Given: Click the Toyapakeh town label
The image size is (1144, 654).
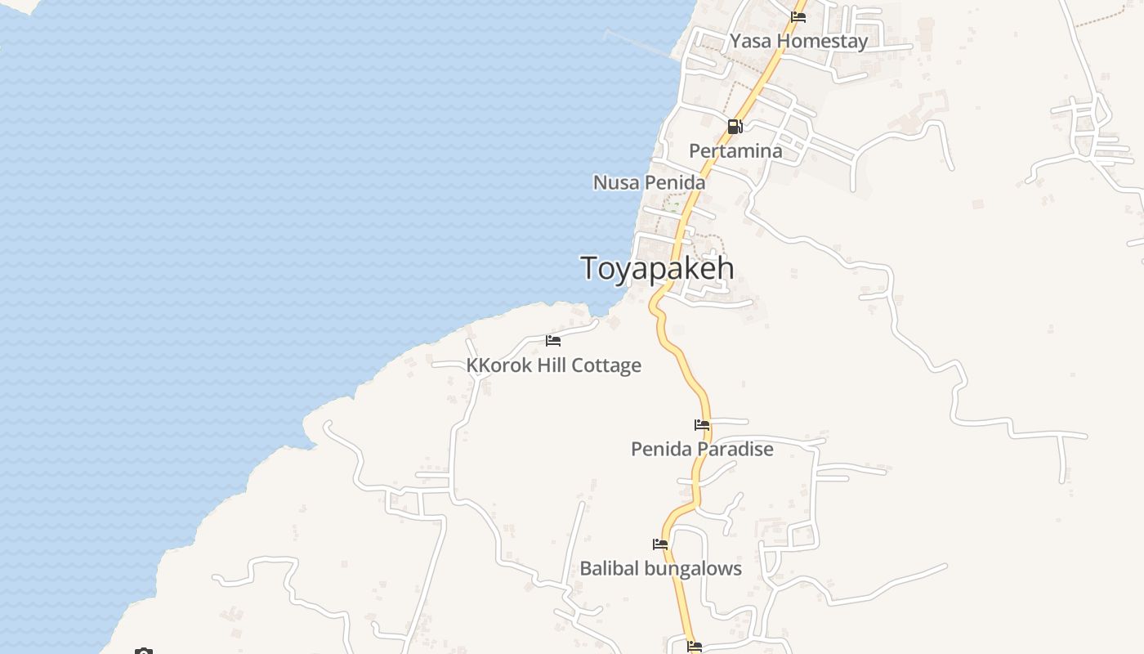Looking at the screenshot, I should tap(657, 269).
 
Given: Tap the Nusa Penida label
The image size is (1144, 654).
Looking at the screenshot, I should tap(649, 182).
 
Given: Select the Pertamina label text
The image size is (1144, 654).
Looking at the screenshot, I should tap(735, 151).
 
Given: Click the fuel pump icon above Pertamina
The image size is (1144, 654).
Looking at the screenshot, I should tap(735, 127).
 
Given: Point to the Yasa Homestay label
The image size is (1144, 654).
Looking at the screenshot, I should tap(798, 41).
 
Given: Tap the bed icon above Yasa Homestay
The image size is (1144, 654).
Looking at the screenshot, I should tap(798, 16).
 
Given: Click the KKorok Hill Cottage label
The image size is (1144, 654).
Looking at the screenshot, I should tap(553, 365).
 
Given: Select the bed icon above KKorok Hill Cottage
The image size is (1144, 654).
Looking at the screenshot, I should tap(553, 340).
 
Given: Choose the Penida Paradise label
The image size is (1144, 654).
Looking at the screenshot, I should tap(702, 449).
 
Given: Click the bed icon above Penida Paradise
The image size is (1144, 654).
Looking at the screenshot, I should tap(702, 424).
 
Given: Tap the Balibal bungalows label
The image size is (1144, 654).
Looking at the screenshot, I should tap(660, 568).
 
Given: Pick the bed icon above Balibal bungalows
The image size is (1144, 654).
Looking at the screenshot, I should tap(660, 544).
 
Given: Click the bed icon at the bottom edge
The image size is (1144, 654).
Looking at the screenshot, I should tap(695, 647).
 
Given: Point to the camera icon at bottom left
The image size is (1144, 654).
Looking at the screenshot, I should tap(144, 652).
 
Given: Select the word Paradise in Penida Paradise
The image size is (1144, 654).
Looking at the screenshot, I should tap(735, 449).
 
